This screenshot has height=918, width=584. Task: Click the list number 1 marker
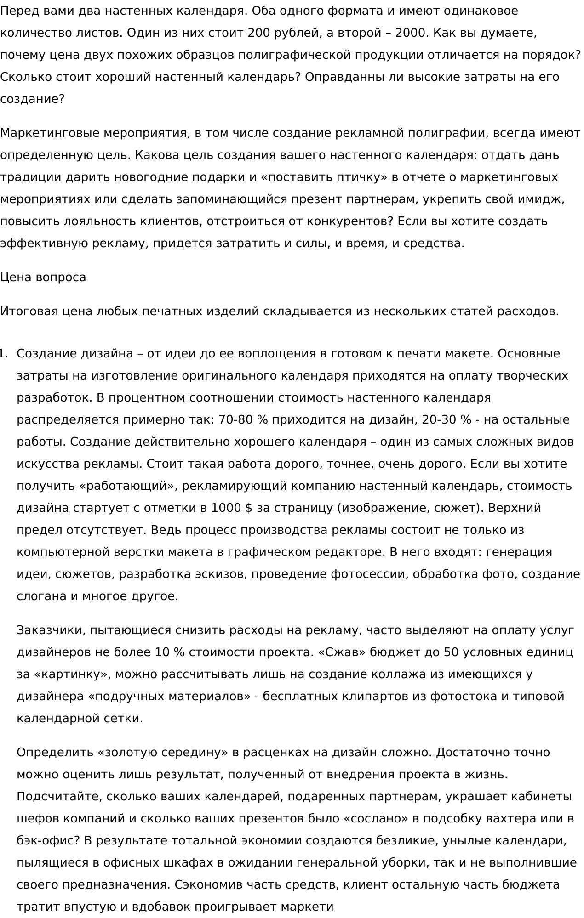3,354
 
